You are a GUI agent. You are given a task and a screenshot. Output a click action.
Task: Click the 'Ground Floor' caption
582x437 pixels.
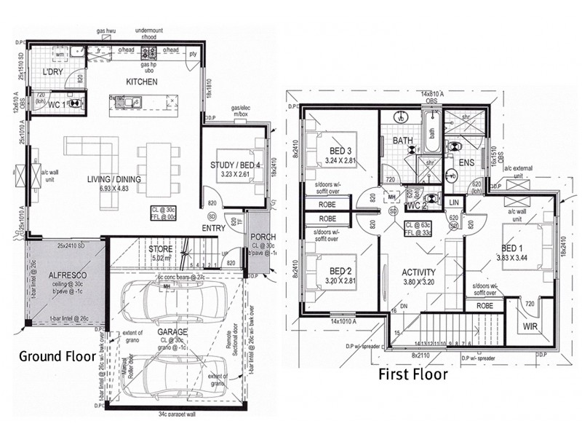(57, 356)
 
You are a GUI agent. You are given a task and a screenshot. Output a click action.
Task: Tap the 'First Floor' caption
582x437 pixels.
(412, 375)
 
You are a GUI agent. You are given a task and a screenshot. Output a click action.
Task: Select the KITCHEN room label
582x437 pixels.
(141, 82)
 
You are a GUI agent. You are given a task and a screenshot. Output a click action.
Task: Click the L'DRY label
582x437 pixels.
(53, 71)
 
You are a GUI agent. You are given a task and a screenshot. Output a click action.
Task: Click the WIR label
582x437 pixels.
(530, 328)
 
